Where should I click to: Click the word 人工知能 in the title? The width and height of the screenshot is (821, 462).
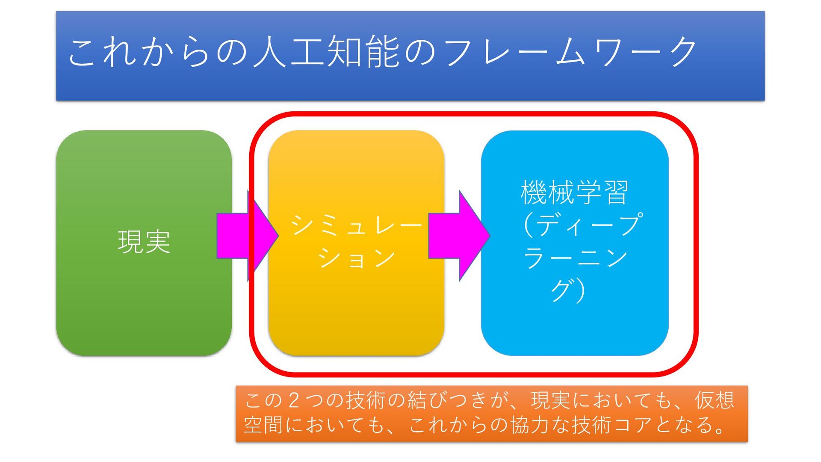coord(326,52)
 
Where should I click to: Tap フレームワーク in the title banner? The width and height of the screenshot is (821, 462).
coord(571,52)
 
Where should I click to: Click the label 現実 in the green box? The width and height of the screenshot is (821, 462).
coord(144,242)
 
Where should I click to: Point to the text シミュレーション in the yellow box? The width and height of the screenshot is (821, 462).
coord(356,242)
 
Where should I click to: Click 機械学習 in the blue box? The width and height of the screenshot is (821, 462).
coord(574,192)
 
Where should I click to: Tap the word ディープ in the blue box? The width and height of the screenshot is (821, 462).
coord(588,225)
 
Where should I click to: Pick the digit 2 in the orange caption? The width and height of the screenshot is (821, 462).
coord(293,401)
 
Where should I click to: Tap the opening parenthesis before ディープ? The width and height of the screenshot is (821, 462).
coord(529,225)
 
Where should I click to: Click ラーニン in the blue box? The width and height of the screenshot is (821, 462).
coord(575,258)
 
